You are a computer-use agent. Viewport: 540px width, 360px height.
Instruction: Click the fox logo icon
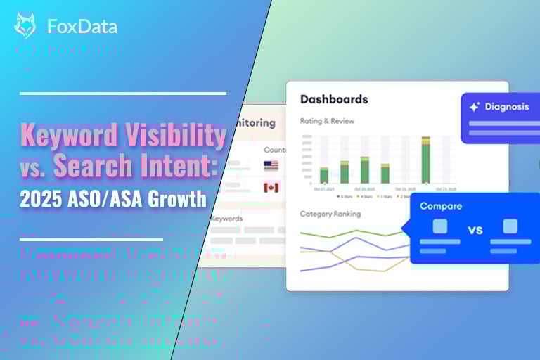pyautogui.click(x=25, y=26)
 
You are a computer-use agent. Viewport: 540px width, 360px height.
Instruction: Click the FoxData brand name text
pyautogui.click(x=82, y=27)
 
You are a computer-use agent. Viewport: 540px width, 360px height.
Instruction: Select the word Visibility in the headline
pyautogui.click(x=181, y=135)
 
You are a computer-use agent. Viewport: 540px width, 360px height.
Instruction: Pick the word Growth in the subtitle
pyautogui.click(x=181, y=199)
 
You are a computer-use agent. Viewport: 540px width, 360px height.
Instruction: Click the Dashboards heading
pyautogui.click(x=334, y=99)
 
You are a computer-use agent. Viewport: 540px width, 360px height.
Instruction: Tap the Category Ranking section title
pyautogui.click(x=330, y=214)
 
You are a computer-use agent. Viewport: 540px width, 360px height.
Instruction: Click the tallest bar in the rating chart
pyautogui.click(x=425, y=160)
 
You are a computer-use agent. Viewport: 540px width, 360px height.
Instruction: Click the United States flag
pyautogui.click(x=271, y=166)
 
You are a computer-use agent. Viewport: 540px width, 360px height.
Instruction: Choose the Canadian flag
pyautogui.click(x=271, y=187)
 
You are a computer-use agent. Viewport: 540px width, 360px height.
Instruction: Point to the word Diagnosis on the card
pyautogui.click(x=506, y=107)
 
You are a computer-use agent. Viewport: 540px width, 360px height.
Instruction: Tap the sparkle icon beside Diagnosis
pyautogui.click(x=475, y=107)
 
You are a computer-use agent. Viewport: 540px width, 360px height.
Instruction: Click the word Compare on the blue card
pyautogui.click(x=441, y=206)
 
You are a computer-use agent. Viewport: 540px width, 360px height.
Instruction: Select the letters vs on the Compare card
pyautogui.click(x=475, y=229)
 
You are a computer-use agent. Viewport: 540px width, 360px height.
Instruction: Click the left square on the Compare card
pyautogui.click(x=440, y=226)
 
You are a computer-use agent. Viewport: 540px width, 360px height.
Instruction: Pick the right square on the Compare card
pyautogui.click(x=510, y=226)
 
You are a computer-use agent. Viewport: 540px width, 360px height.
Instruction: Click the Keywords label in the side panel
pyautogui.click(x=226, y=219)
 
